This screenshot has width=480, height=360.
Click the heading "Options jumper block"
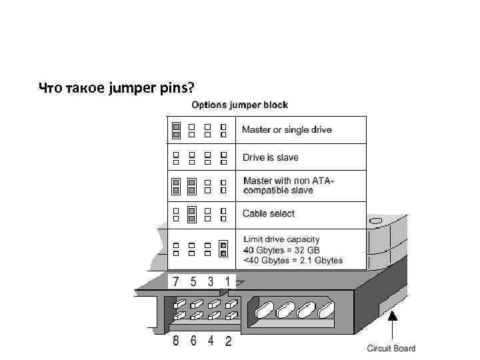(x=240, y=105)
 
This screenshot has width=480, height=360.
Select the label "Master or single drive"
(x=287, y=129)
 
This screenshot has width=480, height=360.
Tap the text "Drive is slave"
(x=270, y=157)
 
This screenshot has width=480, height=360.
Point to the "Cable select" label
(x=268, y=213)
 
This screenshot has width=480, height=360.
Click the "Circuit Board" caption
(x=391, y=348)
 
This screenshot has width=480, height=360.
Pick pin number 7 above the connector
(x=176, y=281)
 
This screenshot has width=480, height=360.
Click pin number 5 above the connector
(x=193, y=281)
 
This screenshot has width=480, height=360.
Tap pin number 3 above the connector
(x=211, y=281)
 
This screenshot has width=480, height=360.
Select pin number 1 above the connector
(x=227, y=281)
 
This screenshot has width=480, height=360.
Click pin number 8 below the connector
(x=176, y=341)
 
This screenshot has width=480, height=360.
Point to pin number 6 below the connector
(x=193, y=341)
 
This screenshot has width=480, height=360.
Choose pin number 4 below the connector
(x=211, y=341)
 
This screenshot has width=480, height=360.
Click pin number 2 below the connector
(x=228, y=341)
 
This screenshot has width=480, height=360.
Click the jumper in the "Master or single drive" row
(x=176, y=130)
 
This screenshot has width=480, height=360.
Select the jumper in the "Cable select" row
(x=192, y=214)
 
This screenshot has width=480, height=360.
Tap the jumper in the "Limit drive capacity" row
(x=224, y=249)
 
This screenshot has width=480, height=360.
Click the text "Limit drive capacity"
(x=281, y=239)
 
